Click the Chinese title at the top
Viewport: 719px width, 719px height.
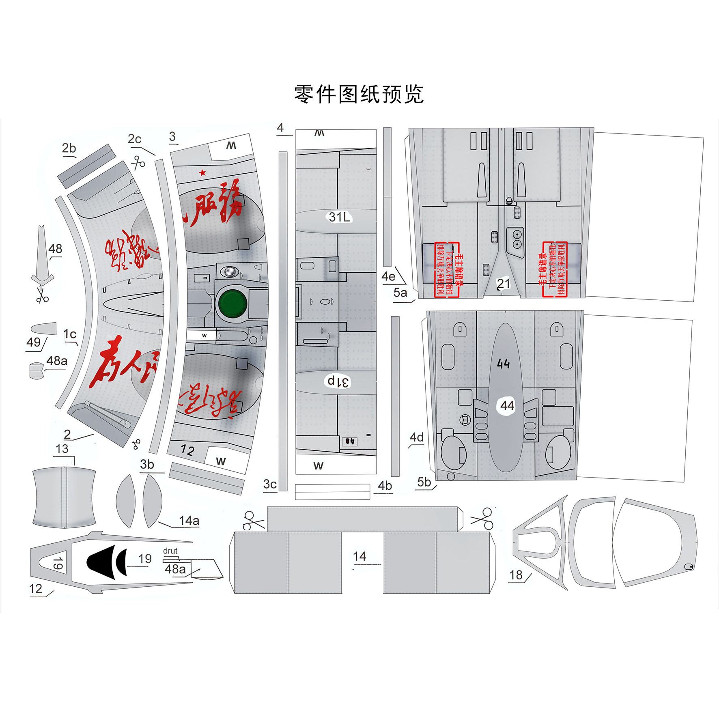[359, 95]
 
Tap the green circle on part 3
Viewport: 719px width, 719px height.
[232, 303]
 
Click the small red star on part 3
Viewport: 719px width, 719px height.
[202, 173]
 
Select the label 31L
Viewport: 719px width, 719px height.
[339, 217]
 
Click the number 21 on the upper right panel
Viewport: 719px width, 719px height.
[503, 284]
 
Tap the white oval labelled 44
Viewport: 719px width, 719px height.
[507, 405]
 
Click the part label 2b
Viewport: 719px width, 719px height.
[69, 149]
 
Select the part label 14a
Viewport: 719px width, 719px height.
[189, 521]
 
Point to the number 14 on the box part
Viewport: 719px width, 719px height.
[359, 556]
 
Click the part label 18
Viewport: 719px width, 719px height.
[516, 575]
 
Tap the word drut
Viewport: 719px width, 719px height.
[170, 551]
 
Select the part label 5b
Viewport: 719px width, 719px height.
[424, 482]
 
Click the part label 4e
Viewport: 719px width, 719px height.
[388, 277]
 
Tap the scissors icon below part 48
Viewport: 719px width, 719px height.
[42, 295]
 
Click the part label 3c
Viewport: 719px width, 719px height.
[270, 484]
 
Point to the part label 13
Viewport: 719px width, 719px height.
[62, 449]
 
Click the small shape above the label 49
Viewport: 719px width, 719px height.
[43, 328]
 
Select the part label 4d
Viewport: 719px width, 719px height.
[417, 437]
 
